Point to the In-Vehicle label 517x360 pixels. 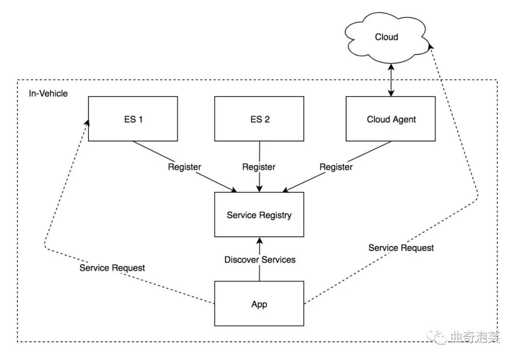click(x=48, y=93)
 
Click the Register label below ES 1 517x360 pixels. click(x=184, y=167)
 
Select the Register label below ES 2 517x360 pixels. click(x=259, y=167)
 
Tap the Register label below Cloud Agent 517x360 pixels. click(x=336, y=167)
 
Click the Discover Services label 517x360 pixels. click(x=260, y=259)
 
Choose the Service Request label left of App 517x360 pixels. click(x=112, y=268)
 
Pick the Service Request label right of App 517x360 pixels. click(x=401, y=247)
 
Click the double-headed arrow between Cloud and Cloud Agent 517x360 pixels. click(x=391, y=80)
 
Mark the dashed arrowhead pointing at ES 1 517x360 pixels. click(x=87, y=122)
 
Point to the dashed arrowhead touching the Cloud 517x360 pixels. click(x=430, y=45)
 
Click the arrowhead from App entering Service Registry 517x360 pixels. click(x=259, y=241)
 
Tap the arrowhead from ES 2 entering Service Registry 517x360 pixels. click(x=259, y=188)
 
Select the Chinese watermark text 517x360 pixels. click(x=475, y=337)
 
